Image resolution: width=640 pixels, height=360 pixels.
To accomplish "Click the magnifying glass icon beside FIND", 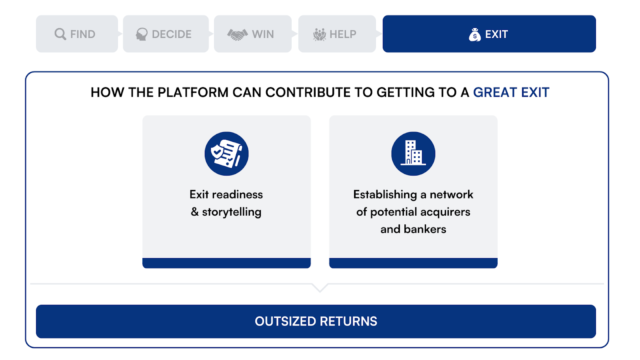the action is [x=60, y=34].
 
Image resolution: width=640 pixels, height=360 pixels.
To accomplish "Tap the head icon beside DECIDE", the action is [x=142, y=34].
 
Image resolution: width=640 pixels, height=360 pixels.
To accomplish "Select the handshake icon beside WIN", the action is [x=238, y=34].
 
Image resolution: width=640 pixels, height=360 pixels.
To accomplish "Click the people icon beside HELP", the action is [x=320, y=34].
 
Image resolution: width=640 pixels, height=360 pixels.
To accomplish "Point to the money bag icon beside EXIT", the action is [x=475, y=34].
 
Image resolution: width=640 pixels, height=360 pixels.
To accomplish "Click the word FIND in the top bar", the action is [x=83, y=34].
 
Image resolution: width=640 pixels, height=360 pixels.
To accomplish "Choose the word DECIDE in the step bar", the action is [x=172, y=34].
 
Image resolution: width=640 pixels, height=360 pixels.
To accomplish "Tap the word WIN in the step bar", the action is [x=263, y=34].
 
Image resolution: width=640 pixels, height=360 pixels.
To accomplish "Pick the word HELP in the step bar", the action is [x=343, y=34].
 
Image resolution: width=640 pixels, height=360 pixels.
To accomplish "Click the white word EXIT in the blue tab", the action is [x=496, y=34].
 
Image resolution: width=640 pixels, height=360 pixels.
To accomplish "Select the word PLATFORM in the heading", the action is [x=193, y=92].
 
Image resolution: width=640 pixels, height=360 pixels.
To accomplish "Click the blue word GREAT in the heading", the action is [x=495, y=92].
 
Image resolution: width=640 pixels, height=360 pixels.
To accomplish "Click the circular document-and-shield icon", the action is [x=226, y=154].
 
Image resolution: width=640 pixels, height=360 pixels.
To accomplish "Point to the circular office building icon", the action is [x=413, y=154].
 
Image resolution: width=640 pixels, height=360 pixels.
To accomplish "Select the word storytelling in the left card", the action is [x=232, y=212].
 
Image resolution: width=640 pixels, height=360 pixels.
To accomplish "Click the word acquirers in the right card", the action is [x=445, y=212].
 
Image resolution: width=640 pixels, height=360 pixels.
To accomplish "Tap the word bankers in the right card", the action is [x=425, y=229].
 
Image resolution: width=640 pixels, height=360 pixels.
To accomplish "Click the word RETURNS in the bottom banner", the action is [x=348, y=322].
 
